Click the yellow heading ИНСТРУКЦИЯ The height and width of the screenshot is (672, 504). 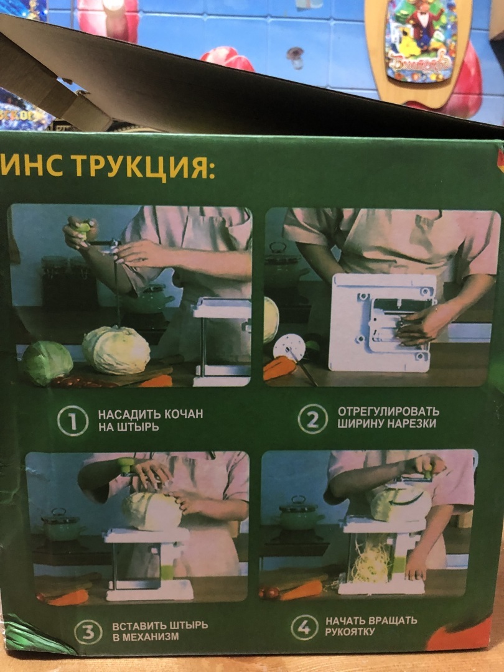click(107, 166)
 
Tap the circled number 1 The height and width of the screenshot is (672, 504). click(73, 421)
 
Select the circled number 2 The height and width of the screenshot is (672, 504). click(313, 419)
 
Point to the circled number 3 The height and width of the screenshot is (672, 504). click(88, 632)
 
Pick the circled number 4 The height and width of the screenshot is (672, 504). click(304, 627)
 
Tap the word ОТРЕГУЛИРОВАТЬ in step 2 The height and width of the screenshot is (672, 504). click(388, 411)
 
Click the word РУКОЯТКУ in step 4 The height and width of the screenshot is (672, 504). click(350, 632)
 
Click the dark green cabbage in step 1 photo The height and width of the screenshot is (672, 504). click(47, 362)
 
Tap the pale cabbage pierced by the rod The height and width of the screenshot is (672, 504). click(116, 350)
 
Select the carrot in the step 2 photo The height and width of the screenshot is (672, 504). click(279, 368)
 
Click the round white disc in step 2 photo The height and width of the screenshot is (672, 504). click(289, 347)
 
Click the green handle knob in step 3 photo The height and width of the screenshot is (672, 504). click(126, 465)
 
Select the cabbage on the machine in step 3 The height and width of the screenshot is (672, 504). click(152, 511)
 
